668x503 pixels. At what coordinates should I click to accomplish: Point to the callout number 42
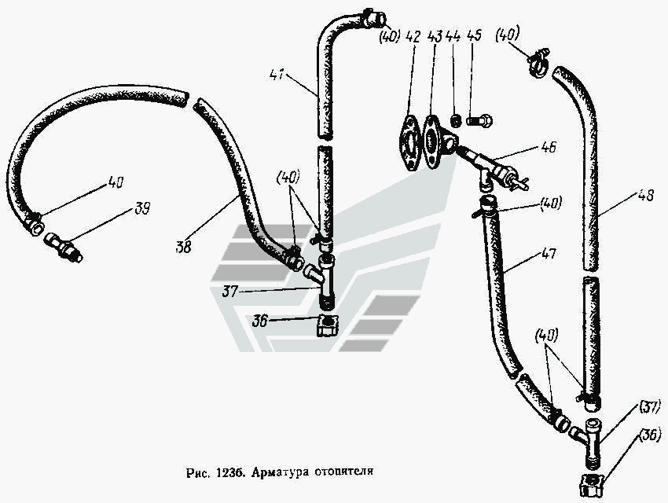tap(413, 36)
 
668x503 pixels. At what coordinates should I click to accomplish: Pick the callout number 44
tap(453, 36)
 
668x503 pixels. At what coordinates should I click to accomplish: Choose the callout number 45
tap(473, 36)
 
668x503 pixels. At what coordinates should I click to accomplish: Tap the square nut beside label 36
tap(326, 324)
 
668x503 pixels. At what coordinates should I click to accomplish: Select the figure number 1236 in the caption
tap(225, 474)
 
